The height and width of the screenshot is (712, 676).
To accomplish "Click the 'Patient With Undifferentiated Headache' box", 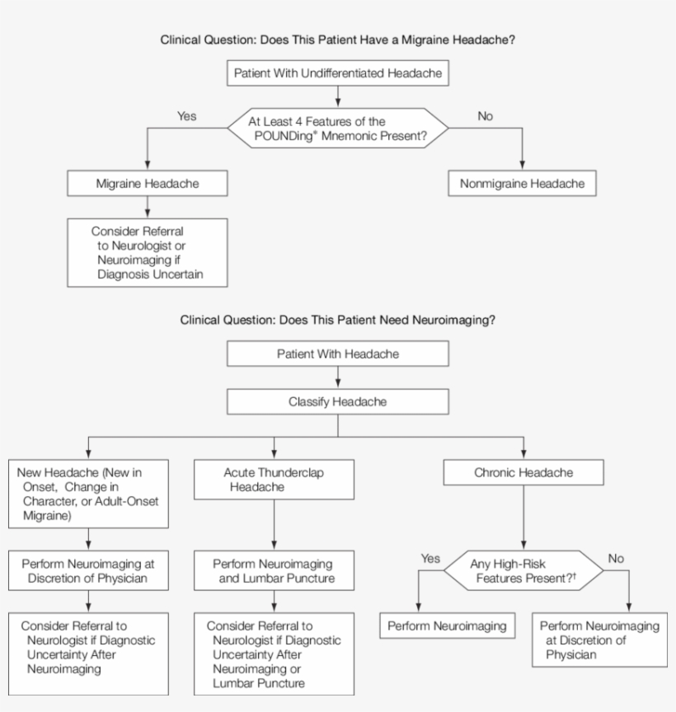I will (338, 73).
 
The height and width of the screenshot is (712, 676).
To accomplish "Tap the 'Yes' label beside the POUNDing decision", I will (187, 116).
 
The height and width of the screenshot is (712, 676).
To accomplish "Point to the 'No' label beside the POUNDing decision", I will (486, 116).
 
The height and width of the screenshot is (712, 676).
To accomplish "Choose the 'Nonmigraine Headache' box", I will (522, 184).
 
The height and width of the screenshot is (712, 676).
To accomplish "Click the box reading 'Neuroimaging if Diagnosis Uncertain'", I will (147, 252).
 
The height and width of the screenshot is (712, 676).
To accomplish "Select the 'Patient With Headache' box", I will (338, 354).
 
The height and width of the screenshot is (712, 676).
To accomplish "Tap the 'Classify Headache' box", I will (338, 401).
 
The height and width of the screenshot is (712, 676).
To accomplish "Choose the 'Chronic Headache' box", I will (523, 473).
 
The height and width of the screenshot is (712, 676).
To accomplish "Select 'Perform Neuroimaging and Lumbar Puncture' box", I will (274, 571).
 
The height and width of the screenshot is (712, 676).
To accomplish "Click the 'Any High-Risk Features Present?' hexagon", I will (523, 571).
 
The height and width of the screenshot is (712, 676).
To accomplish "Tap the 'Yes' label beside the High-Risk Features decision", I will (430, 558).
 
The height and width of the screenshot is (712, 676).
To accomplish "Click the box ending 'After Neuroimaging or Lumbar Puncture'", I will (274, 653).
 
